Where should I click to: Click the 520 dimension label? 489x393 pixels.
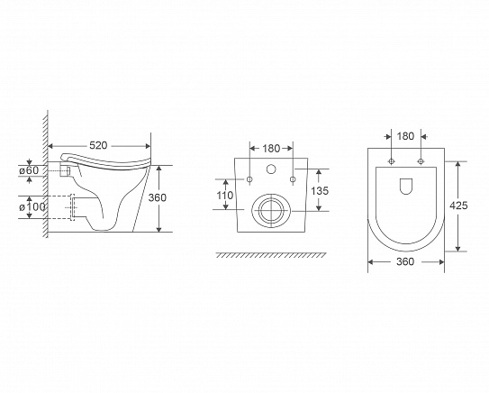pos(98,145)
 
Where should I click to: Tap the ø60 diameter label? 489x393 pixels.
pos(29,170)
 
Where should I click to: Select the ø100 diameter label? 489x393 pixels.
pos(32,207)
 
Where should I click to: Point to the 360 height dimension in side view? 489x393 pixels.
pos(158,197)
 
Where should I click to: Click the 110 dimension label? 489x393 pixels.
pos(225,196)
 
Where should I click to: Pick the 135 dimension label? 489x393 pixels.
pos(320,190)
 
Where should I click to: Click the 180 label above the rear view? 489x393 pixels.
pos(271,149)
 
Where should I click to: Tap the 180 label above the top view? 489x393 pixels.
pos(405,136)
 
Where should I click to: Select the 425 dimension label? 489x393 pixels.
pos(458,206)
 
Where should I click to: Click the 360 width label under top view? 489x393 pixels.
pos(405,261)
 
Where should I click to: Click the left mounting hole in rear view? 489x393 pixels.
pos(249,179)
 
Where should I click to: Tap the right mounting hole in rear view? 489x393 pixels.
pos(293,179)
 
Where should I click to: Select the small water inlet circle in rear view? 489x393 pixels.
pos(271,169)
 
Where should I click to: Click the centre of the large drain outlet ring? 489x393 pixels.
pos(271,210)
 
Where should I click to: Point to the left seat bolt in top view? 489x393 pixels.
pos(391,161)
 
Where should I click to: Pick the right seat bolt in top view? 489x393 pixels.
pos(421,161)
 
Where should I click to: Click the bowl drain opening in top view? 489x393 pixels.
pos(406,187)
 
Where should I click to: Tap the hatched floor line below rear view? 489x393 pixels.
pos(271,255)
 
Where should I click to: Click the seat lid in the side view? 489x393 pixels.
pos(106,162)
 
